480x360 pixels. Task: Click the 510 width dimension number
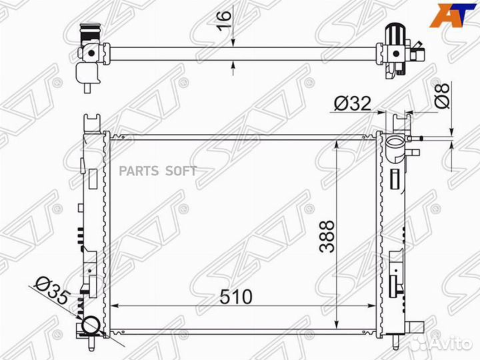coord(236,296)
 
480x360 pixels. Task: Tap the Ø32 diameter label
coord(353,103)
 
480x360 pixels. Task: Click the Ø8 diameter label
coord(442,95)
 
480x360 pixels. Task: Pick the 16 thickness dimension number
coord(224,21)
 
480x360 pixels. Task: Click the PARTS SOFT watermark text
coord(157,171)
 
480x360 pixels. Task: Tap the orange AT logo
coord(453,15)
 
